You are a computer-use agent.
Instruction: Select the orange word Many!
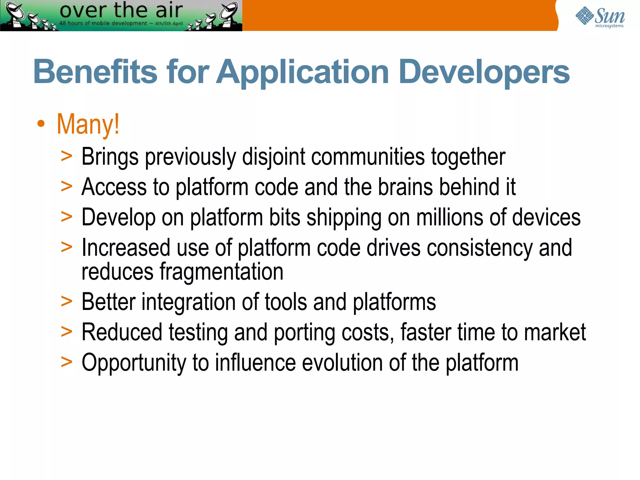[x=88, y=124]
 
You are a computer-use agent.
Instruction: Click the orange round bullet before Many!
[x=41, y=124]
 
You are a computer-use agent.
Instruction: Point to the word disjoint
[x=273, y=157]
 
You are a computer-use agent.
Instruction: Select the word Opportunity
[x=134, y=363]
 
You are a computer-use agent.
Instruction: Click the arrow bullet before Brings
[x=67, y=156]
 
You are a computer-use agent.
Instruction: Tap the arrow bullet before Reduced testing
[x=67, y=332]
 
